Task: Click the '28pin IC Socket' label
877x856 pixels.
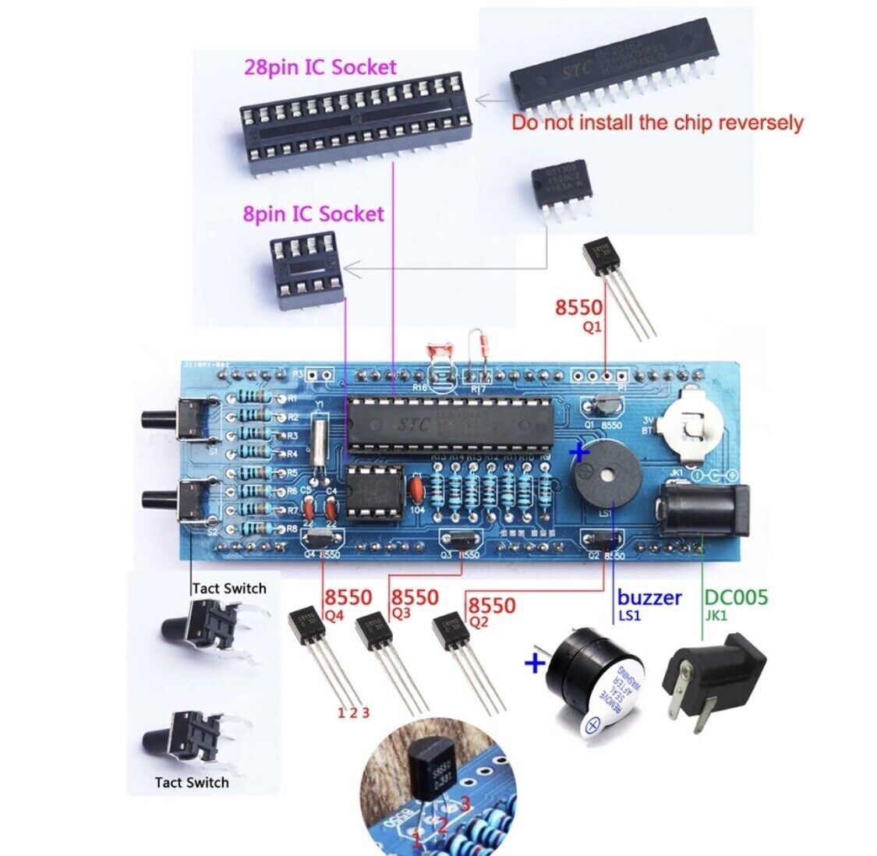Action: coord(320,67)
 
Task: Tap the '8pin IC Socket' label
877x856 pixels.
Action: coord(313,213)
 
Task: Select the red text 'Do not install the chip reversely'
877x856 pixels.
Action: coord(656,122)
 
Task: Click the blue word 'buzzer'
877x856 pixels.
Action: coord(649,598)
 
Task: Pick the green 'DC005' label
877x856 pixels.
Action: coord(736,598)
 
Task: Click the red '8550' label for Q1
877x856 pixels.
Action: coord(578,308)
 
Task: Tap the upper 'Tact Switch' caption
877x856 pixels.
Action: coord(228,589)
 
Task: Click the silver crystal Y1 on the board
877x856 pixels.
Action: coord(317,443)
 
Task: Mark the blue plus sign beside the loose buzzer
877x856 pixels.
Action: coord(534,664)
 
